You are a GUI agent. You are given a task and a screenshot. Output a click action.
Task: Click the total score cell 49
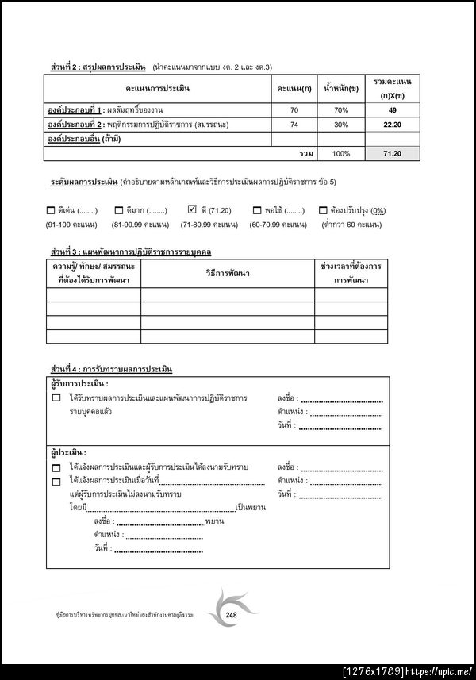point(392,109)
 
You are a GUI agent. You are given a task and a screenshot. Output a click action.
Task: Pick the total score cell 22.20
point(392,125)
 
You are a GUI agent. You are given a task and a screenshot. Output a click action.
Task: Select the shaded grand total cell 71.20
point(392,153)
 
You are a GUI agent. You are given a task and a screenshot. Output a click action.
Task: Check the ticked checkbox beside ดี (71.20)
point(192,210)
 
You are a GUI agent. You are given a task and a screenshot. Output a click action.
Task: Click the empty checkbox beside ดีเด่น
point(51,211)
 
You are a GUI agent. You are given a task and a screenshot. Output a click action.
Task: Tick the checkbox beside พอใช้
point(257,211)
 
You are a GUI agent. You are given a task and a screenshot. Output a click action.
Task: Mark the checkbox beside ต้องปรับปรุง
point(323,211)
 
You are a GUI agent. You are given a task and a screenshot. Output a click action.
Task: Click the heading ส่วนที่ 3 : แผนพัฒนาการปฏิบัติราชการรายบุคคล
point(136,252)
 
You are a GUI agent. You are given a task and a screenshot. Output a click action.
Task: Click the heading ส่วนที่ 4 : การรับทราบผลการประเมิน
point(112,370)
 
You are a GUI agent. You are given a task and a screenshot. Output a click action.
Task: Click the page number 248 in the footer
point(232,615)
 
